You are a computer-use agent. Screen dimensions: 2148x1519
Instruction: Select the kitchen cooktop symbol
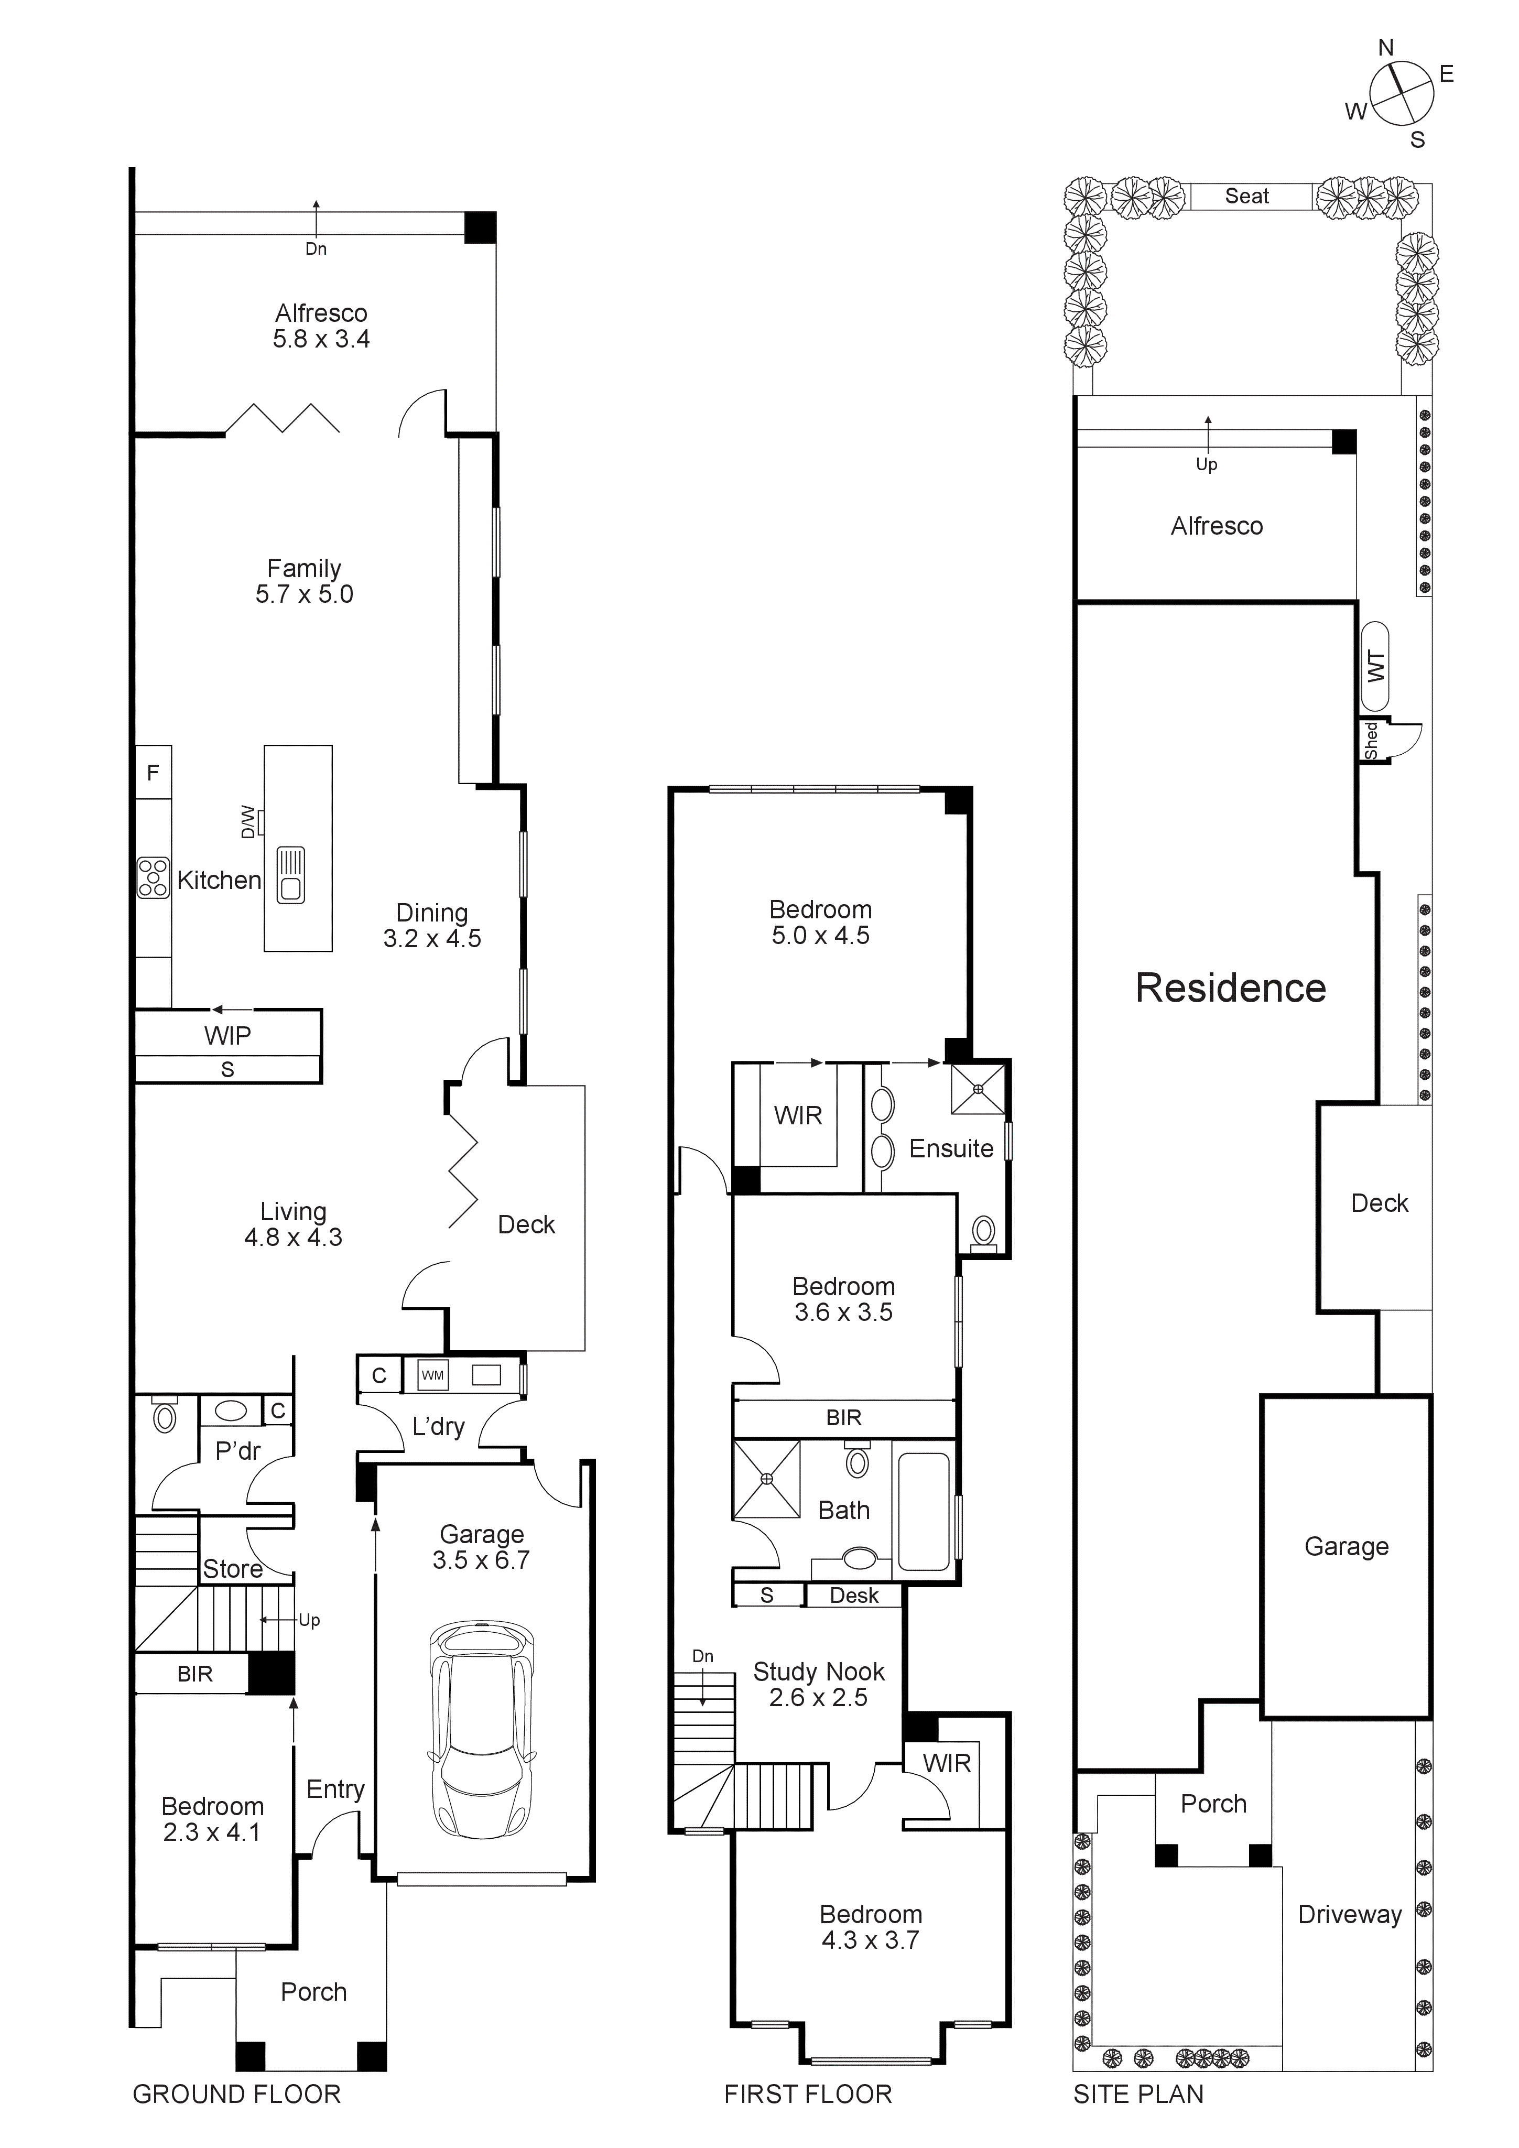pyautogui.click(x=154, y=877)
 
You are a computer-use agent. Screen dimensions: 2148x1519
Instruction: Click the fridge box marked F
pyautogui.click(x=154, y=772)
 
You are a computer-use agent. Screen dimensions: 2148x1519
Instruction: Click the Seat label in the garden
pyautogui.click(x=1247, y=197)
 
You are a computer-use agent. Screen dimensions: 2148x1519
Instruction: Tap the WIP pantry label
pyautogui.click(x=227, y=1036)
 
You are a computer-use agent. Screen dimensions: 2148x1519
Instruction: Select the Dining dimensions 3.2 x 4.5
pyautogui.click(x=432, y=938)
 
